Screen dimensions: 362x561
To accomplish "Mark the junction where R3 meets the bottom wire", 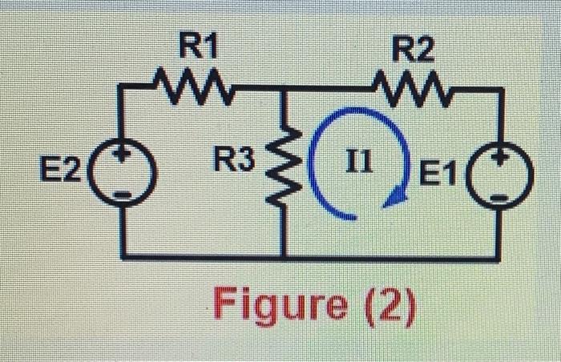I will click(285, 256).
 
